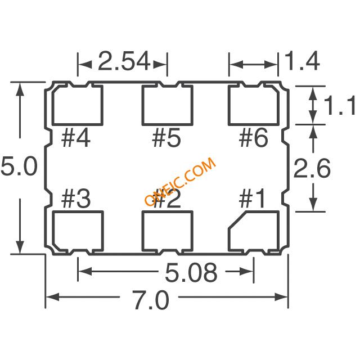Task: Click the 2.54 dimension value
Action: [x=124, y=61]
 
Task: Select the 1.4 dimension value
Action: [x=302, y=61]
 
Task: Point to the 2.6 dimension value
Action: [x=312, y=168]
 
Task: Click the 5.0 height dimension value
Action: [x=19, y=166]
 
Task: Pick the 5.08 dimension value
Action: [x=191, y=272]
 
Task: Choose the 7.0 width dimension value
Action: [x=151, y=300]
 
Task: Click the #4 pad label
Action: [x=76, y=138]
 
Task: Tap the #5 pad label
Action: [x=166, y=138]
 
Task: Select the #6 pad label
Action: [x=254, y=138]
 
